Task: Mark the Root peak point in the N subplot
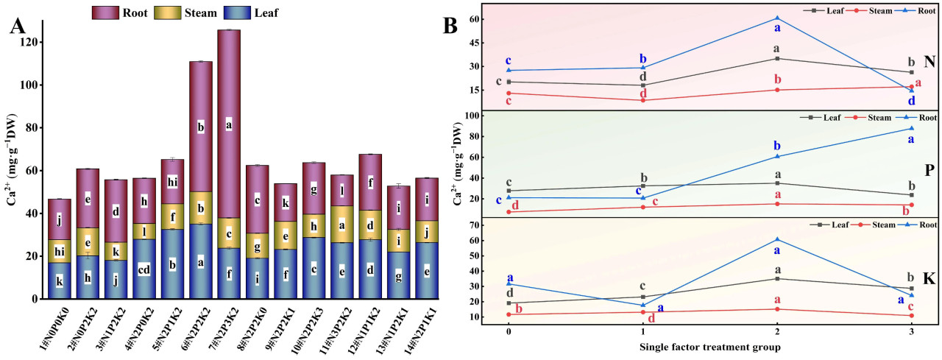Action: tap(777, 18)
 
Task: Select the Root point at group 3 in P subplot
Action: tap(911, 129)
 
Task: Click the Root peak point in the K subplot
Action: tap(777, 239)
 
